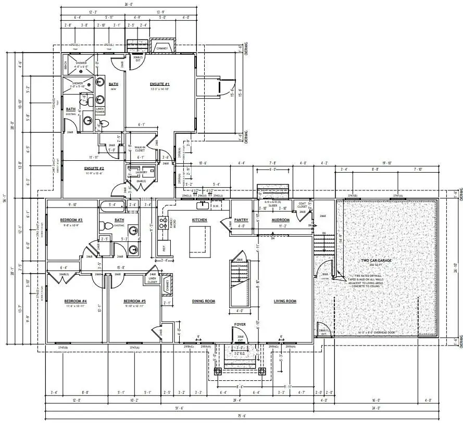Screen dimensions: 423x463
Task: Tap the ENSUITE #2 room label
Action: pos(94,169)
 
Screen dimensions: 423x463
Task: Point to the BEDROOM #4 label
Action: pos(76,301)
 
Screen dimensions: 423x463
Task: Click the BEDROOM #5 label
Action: pos(134,301)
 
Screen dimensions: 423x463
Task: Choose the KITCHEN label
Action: pos(199,220)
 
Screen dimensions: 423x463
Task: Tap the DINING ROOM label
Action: pos(203,301)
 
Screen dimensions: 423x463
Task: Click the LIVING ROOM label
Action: pos(285,301)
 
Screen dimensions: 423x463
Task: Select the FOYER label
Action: pos(240,324)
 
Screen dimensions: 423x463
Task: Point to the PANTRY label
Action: pos(241,220)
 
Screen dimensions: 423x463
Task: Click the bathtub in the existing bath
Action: pos(111,205)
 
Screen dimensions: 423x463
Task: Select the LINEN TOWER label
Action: pos(100,110)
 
